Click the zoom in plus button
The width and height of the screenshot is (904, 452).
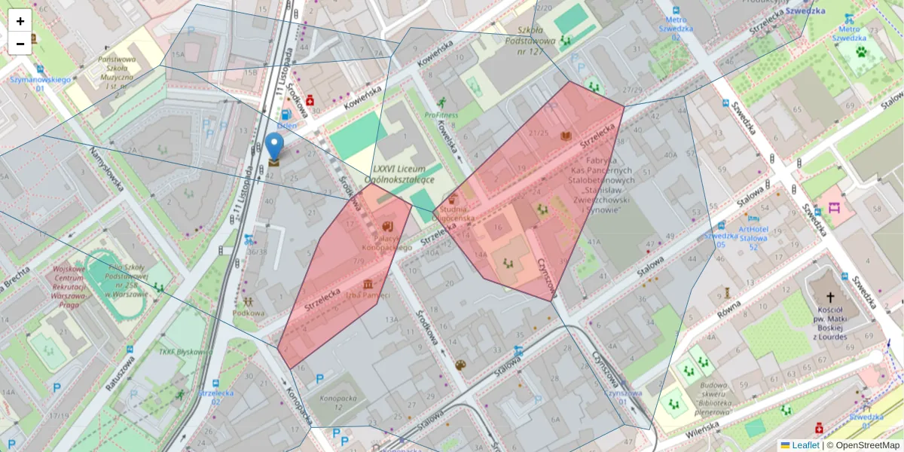click(x=20, y=21)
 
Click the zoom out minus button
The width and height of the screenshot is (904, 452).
click(x=20, y=44)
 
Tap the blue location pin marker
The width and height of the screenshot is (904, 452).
click(x=275, y=146)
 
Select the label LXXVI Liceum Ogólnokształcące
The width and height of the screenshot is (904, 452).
click(x=399, y=174)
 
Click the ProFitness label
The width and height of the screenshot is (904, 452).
click(x=441, y=115)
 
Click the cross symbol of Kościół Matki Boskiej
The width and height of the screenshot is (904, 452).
click(x=830, y=298)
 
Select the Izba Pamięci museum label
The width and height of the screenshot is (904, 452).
click(x=370, y=295)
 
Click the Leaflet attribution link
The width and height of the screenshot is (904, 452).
click(x=805, y=445)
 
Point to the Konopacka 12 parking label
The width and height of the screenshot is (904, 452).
click(x=337, y=402)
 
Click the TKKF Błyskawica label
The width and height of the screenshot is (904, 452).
click(x=178, y=351)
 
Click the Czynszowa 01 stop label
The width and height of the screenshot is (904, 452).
click(x=624, y=397)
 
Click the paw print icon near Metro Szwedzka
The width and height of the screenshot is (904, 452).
click(x=860, y=52)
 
